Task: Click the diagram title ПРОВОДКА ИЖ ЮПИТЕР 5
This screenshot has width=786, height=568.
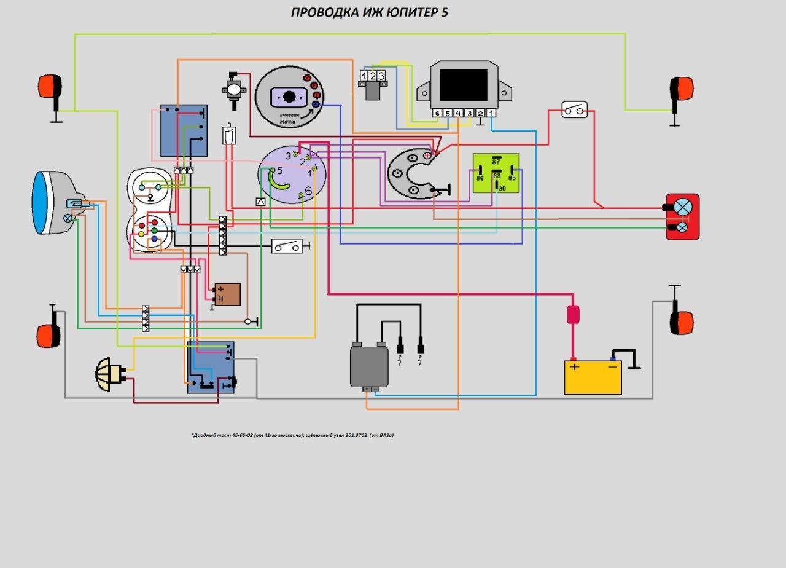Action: (x=369, y=12)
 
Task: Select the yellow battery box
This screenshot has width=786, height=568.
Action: (x=593, y=377)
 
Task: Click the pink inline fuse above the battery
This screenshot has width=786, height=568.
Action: (x=573, y=314)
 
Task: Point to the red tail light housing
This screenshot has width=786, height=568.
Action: (x=682, y=216)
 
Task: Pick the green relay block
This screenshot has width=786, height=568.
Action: (x=496, y=173)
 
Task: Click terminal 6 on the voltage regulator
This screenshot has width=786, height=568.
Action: (x=437, y=113)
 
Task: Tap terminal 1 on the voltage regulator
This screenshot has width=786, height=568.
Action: (x=491, y=113)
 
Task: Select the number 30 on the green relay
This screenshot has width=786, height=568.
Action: (x=501, y=188)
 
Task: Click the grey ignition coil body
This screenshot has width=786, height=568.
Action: (x=369, y=366)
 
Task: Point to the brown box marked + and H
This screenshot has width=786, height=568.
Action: (x=227, y=294)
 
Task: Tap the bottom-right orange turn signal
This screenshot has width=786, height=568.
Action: (x=682, y=322)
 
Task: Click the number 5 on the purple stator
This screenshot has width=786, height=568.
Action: (x=279, y=170)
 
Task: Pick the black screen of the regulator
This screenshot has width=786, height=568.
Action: (x=464, y=84)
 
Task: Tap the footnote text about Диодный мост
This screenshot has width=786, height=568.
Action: (x=292, y=435)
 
